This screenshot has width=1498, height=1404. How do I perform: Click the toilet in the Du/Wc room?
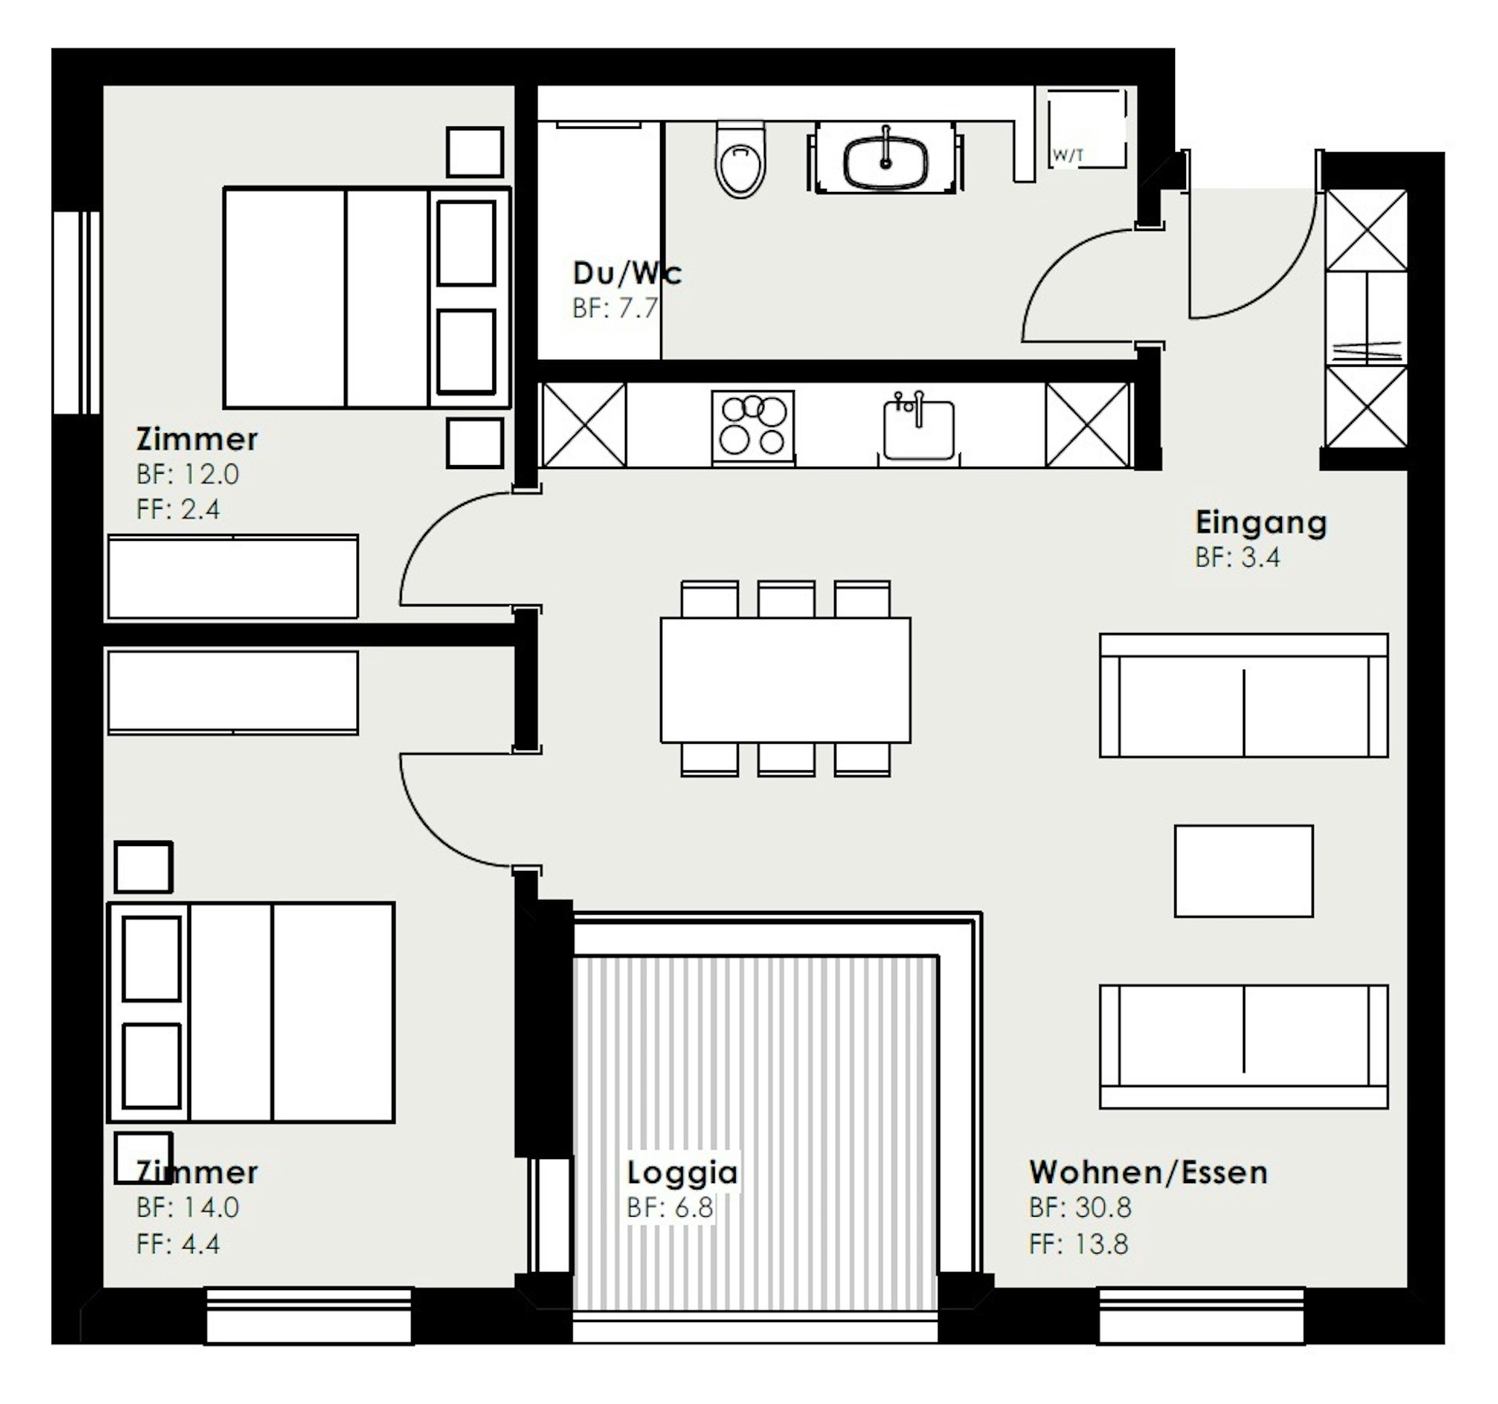[740, 160]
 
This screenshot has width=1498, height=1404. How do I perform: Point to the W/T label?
[1068, 155]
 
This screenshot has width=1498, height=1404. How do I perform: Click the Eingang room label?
[1261, 522]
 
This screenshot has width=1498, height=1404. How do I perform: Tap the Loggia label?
[682, 1172]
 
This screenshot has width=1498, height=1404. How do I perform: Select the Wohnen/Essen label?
[1148, 1172]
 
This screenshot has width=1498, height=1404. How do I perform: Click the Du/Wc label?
[627, 273]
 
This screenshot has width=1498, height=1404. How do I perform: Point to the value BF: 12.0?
[187, 474]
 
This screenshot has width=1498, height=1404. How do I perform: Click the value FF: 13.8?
[1078, 1243]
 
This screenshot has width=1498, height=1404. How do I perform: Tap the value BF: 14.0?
[187, 1207]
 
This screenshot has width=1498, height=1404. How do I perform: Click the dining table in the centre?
[785, 679]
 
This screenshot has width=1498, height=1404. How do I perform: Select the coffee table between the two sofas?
[1244, 871]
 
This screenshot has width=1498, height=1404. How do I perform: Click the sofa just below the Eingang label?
[1244, 695]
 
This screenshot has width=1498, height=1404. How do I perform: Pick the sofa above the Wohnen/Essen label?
[1244, 1047]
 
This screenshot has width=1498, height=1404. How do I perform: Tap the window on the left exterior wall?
[76, 312]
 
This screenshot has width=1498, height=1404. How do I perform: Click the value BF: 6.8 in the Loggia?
[670, 1207]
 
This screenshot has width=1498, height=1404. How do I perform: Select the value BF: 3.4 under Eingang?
[1237, 557]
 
